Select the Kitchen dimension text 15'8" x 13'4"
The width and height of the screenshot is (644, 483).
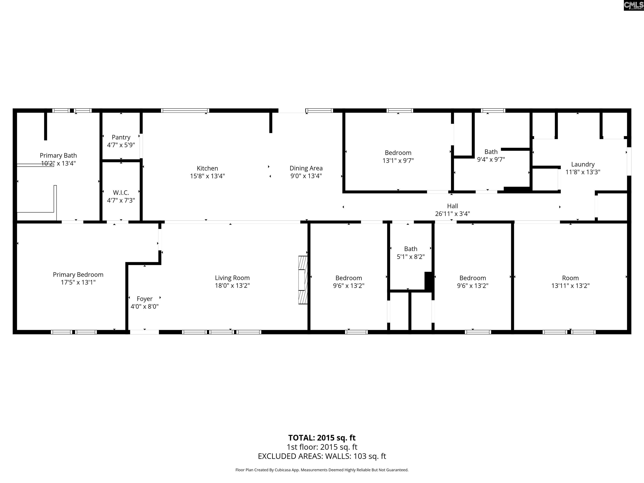[207, 176]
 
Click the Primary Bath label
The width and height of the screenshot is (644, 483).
[58, 156]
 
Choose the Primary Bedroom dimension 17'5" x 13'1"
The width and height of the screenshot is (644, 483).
[78, 282]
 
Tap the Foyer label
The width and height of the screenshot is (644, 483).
[144, 299]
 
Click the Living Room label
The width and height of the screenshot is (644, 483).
[232, 278]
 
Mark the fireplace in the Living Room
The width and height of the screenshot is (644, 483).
[303, 280]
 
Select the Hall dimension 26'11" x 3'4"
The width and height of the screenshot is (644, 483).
[452, 214]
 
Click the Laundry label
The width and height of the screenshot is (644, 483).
[583, 164]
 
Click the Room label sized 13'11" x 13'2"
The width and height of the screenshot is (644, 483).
[570, 278]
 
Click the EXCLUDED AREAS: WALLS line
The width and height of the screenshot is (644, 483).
[322, 456]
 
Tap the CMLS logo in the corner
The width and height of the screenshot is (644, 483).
[633, 5]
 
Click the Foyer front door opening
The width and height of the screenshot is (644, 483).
[144, 332]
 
